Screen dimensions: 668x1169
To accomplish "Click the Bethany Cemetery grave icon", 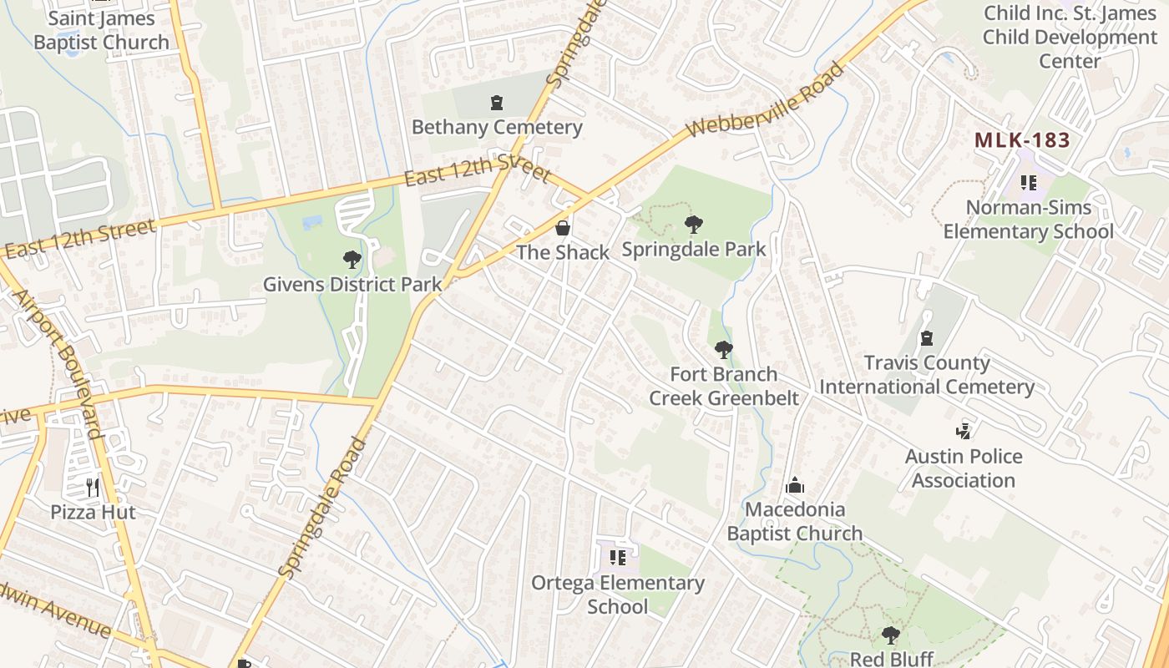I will tap(497, 104).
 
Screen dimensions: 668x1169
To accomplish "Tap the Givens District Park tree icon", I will tap(352, 260).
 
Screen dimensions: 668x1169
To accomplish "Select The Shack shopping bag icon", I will tap(564, 228).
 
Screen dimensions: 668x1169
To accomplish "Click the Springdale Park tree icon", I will tap(693, 225).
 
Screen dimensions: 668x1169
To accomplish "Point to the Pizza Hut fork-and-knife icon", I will tap(93, 487).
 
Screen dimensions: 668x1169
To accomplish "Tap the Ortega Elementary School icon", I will tap(618, 558).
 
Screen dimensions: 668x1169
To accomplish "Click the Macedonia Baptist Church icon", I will tap(795, 485).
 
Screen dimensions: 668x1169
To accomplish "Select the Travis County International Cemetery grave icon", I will tap(926, 338).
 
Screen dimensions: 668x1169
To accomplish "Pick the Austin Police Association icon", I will tap(964, 432).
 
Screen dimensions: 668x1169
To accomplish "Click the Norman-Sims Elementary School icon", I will tap(1029, 182).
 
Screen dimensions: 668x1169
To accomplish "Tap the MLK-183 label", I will tap(1022, 140).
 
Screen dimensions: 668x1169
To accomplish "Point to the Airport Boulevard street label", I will tap(58, 364).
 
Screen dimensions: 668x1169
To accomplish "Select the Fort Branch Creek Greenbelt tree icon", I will tap(724, 350).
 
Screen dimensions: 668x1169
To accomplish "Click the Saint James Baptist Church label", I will tap(101, 30).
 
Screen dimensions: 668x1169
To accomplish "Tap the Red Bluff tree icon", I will tap(891, 635).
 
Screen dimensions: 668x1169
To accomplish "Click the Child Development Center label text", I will tap(1070, 38).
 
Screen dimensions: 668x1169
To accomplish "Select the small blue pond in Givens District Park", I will tap(312, 222).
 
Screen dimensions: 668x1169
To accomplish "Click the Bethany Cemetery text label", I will tap(497, 128).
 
